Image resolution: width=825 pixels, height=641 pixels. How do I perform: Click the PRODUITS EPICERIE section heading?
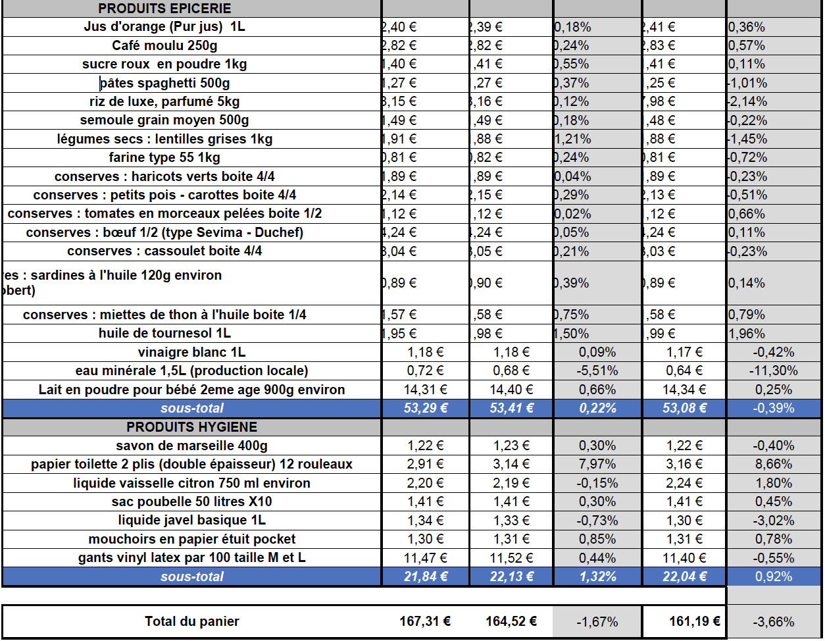[164, 9]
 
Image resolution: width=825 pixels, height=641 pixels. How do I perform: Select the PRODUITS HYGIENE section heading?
[191, 427]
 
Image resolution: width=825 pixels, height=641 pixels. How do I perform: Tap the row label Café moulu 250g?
[164, 45]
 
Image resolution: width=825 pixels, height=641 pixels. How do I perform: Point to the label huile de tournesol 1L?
[164, 333]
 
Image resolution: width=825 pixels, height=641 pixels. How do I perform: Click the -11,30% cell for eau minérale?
[773, 371]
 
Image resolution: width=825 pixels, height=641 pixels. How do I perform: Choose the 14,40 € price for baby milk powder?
[511, 390]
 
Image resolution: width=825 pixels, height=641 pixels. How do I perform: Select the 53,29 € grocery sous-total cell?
[425, 408]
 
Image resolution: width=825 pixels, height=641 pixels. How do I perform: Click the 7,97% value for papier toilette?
[597, 464]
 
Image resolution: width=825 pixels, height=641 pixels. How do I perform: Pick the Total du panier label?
[192, 621]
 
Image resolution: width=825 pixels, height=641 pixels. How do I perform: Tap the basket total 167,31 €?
[425, 621]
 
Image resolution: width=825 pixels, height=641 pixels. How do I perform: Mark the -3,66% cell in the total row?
[773, 621]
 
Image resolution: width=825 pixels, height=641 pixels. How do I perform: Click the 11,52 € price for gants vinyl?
[511, 558]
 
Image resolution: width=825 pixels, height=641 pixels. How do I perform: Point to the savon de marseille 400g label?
[191, 446]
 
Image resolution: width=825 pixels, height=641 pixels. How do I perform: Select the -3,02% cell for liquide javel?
[774, 521]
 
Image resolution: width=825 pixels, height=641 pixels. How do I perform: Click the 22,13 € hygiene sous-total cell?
[511, 577]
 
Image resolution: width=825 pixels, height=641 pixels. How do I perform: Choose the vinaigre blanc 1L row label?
[191, 352]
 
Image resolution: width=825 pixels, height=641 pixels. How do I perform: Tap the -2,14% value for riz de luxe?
[748, 101]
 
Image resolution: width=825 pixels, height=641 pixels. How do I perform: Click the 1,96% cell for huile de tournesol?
[747, 334]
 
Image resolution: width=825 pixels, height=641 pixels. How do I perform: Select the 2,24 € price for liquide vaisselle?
[684, 483]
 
